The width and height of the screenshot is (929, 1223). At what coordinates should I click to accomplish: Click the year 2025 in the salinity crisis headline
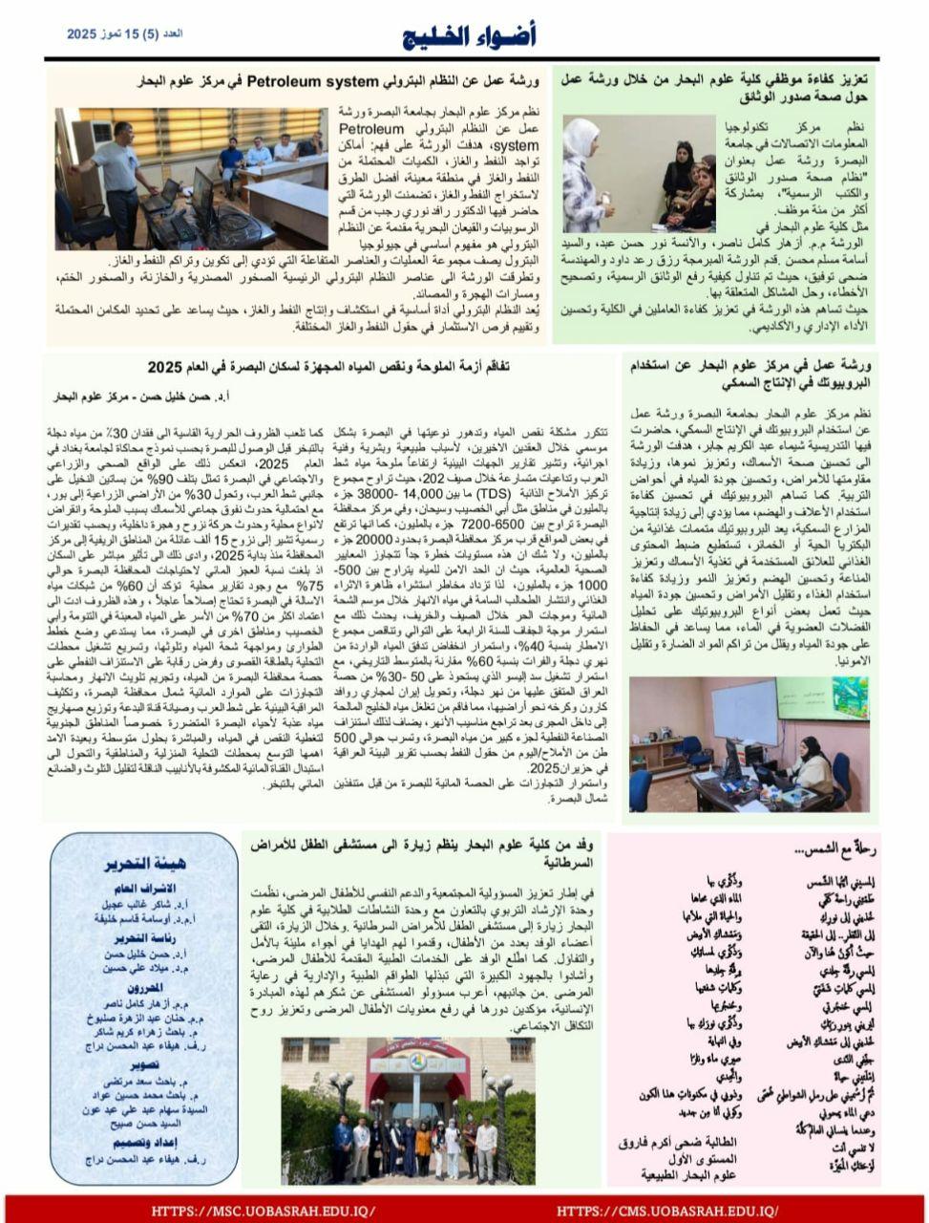tap(169, 368)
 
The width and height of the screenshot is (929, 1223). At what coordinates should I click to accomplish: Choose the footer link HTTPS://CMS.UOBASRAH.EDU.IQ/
tap(667, 1211)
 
